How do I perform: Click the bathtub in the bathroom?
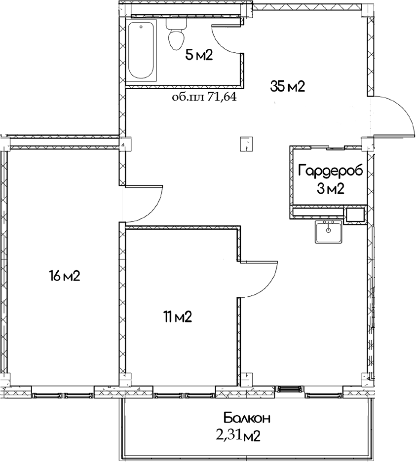pos(142,51)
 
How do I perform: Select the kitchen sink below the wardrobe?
pos(328,232)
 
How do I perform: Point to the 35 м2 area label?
pos(288,87)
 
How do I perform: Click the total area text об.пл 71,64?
pos(204,97)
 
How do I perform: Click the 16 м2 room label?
pos(64,276)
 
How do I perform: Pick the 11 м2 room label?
pos(177,317)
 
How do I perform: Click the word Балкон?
pos(246,419)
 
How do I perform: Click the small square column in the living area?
pos(245,143)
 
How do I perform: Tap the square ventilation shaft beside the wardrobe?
pos(355,214)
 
